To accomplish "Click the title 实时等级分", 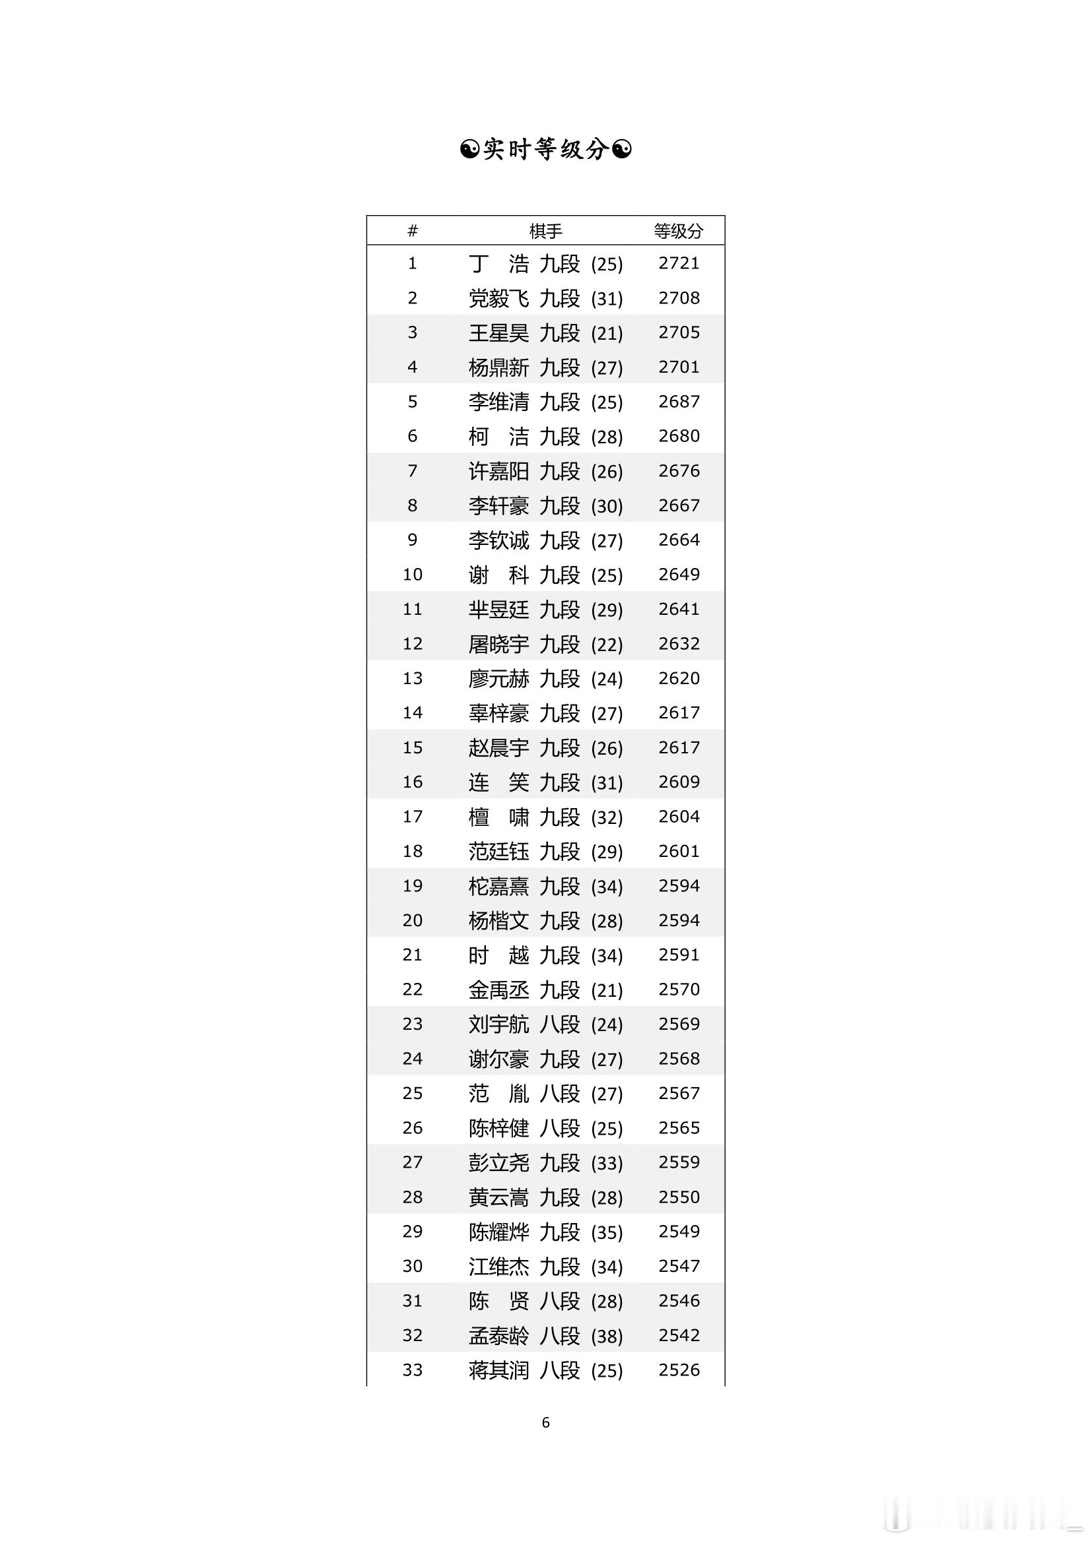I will click(x=545, y=149).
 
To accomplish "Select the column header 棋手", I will click(x=545, y=231).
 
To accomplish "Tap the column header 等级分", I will click(x=679, y=231).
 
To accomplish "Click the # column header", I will click(x=412, y=231).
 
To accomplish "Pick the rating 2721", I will click(x=679, y=263).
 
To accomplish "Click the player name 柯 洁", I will click(x=499, y=437).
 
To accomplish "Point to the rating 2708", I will click(x=679, y=298).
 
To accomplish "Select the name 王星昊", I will click(x=499, y=333).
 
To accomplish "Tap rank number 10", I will click(x=412, y=575).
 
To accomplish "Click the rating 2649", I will click(x=679, y=575).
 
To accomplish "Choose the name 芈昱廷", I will click(x=499, y=610).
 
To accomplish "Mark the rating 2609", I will click(x=679, y=782).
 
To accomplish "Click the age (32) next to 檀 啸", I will click(x=607, y=817).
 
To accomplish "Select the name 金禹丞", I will click(x=499, y=990).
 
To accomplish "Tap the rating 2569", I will click(x=679, y=1024).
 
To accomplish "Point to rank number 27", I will click(x=412, y=1162).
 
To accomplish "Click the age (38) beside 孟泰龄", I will click(x=607, y=1336).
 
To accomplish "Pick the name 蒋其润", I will click(x=499, y=1370).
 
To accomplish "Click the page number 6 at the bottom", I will click(x=545, y=1423).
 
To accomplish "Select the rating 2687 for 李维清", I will click(x=679, y=402).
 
